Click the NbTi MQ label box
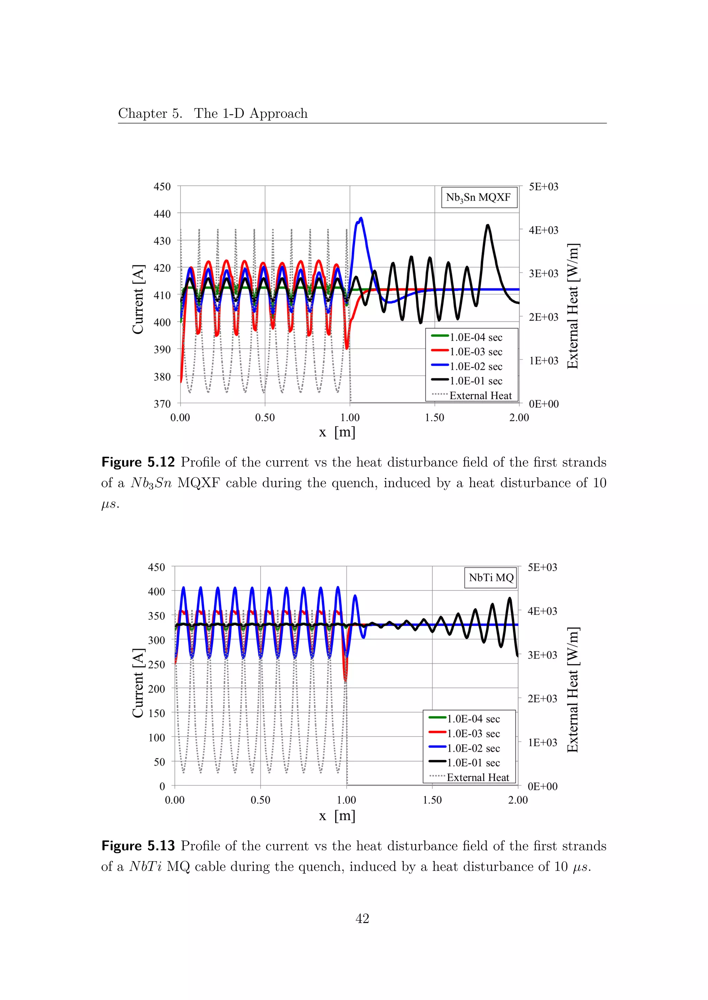(491, 578)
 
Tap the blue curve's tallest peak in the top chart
(361, 218)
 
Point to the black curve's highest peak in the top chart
(487, 225)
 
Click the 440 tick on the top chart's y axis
(162, 214)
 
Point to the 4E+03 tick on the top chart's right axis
(543, 230)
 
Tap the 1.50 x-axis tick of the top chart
(434, 418)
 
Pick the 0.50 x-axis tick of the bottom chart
(260, 800)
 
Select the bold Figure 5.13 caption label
(138, 845)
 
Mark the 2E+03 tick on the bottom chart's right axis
(542, 699)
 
